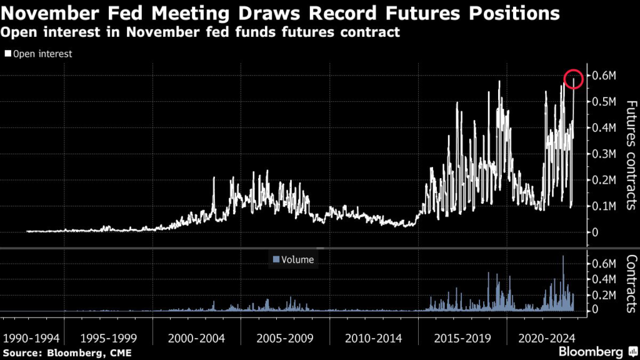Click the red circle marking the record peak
coord(573,79)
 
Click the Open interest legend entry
coord(39,54)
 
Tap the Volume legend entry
coord(293,259)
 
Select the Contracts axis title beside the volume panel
coord(630,283)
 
